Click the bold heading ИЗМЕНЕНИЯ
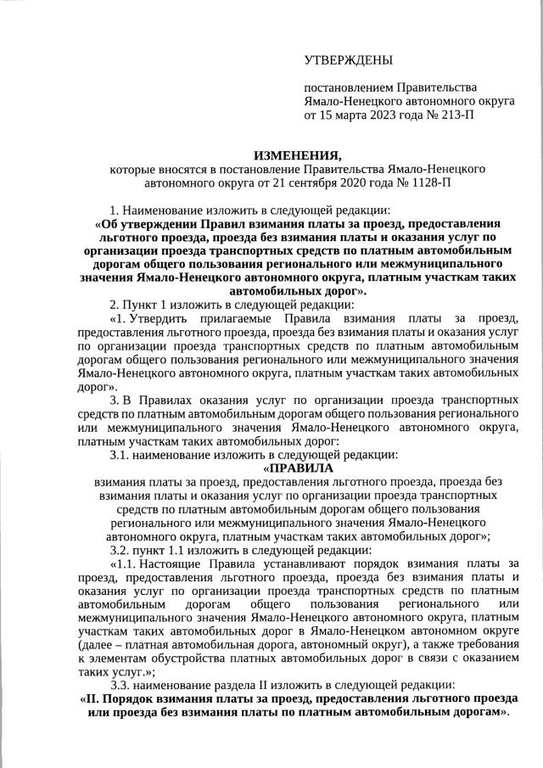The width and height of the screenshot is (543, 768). tap(297, 154)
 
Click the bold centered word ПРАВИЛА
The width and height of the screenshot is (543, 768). tap(301, 468)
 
